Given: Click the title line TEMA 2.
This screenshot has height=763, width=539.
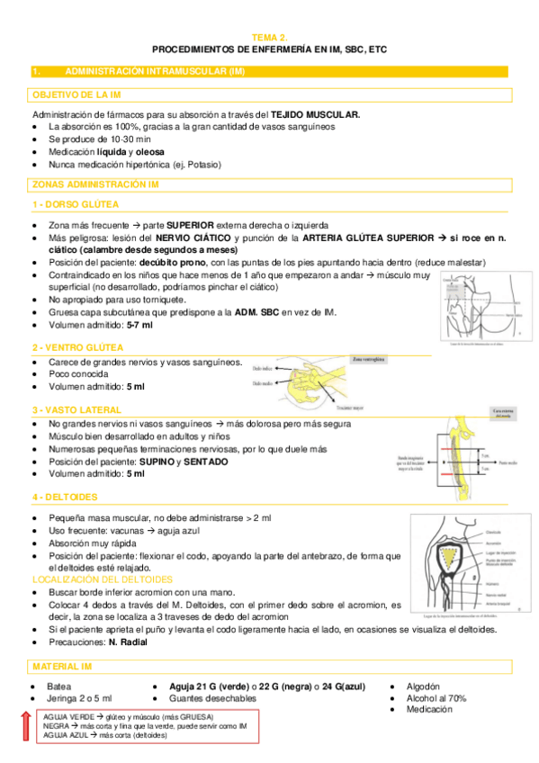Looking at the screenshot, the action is pos(269,38).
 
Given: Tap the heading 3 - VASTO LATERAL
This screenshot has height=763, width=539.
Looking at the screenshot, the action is pos(77,409).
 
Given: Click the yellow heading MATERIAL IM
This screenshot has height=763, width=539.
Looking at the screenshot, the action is pos(61,666).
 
